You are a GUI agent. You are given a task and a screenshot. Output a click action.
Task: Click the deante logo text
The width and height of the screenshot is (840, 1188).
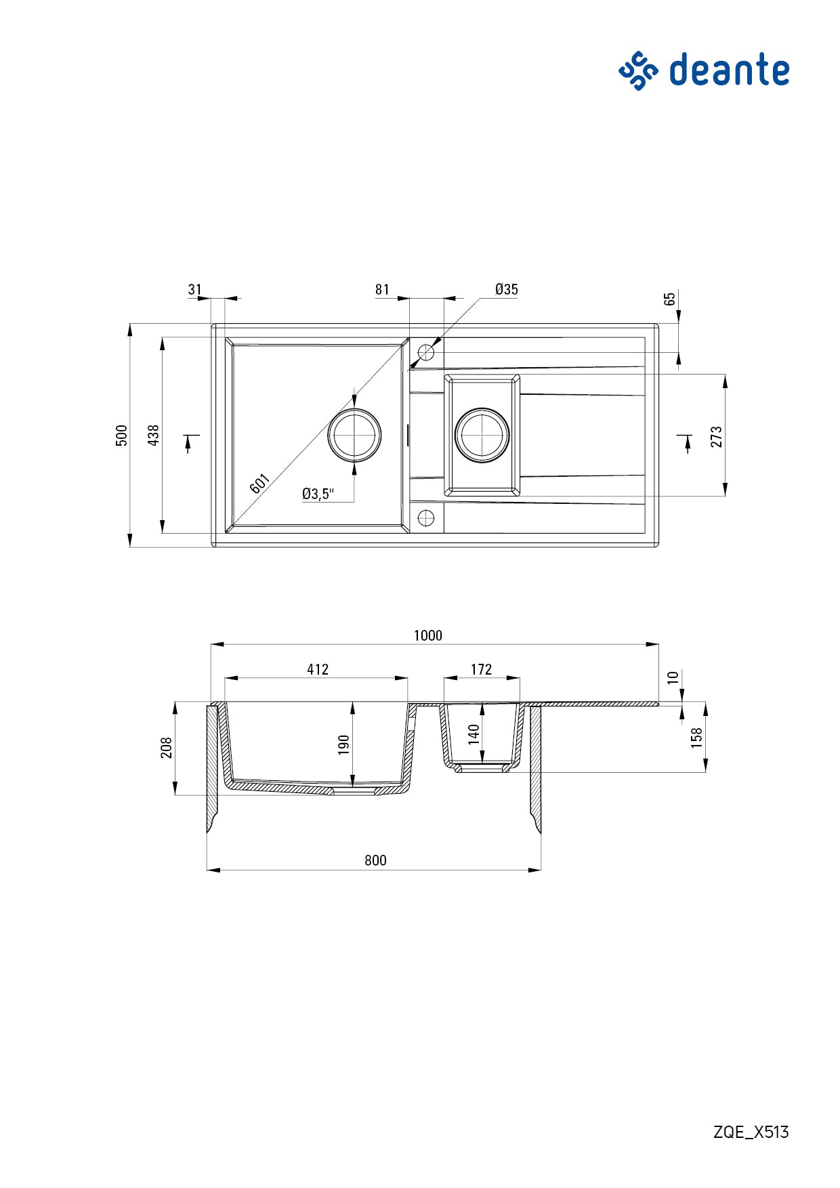point(729,70)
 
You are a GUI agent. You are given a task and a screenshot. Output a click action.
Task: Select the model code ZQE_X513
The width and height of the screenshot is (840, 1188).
point(751,1132)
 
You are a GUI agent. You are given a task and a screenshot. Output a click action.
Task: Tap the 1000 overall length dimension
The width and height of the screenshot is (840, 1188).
point(427,635)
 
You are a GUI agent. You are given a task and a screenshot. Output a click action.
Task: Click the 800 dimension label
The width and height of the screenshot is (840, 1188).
point(375,860)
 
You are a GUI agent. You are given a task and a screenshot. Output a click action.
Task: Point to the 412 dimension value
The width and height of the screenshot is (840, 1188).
point(317,669)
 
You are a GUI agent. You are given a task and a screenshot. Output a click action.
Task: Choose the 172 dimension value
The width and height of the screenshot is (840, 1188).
point(481,669)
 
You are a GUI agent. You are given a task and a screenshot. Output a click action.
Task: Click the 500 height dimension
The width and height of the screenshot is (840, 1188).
point(122,435)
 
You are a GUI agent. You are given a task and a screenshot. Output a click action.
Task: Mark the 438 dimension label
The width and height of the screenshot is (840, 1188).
point(154,435)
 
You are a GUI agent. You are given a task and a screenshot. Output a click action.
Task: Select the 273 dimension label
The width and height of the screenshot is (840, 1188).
point(717,436)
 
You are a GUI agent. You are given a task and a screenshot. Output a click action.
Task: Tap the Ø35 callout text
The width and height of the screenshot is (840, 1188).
point(506,289)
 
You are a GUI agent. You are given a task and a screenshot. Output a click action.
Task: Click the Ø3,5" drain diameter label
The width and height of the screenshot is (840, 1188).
point(318,494)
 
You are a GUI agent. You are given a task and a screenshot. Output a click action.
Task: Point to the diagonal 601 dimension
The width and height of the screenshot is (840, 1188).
point(260,484)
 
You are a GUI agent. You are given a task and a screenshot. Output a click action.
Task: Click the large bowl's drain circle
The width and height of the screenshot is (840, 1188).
point(354,435)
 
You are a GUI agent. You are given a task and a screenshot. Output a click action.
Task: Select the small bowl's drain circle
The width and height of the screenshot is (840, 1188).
point(482,435)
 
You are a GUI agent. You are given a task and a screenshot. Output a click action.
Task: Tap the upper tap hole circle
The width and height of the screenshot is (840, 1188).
point(426,352)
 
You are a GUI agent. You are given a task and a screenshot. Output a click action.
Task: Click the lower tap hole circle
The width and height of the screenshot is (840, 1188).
point(426,518)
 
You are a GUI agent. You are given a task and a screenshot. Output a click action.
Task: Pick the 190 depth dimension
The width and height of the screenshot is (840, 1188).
point(343,744)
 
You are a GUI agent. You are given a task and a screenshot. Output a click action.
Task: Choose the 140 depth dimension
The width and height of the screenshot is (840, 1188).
point(474,734)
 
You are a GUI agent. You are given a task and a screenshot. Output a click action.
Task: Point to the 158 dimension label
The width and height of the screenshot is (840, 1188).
point(696,737)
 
